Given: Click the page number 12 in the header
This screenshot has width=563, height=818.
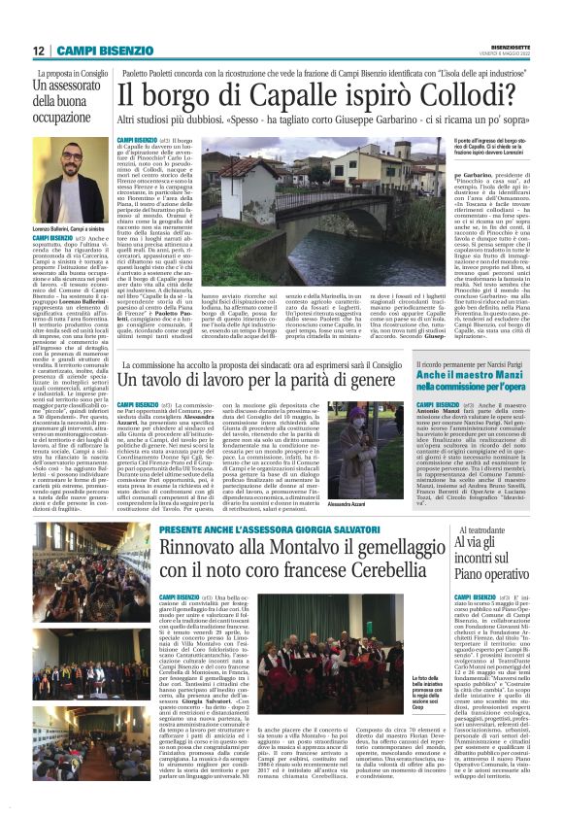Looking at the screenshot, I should click(39, 50).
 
